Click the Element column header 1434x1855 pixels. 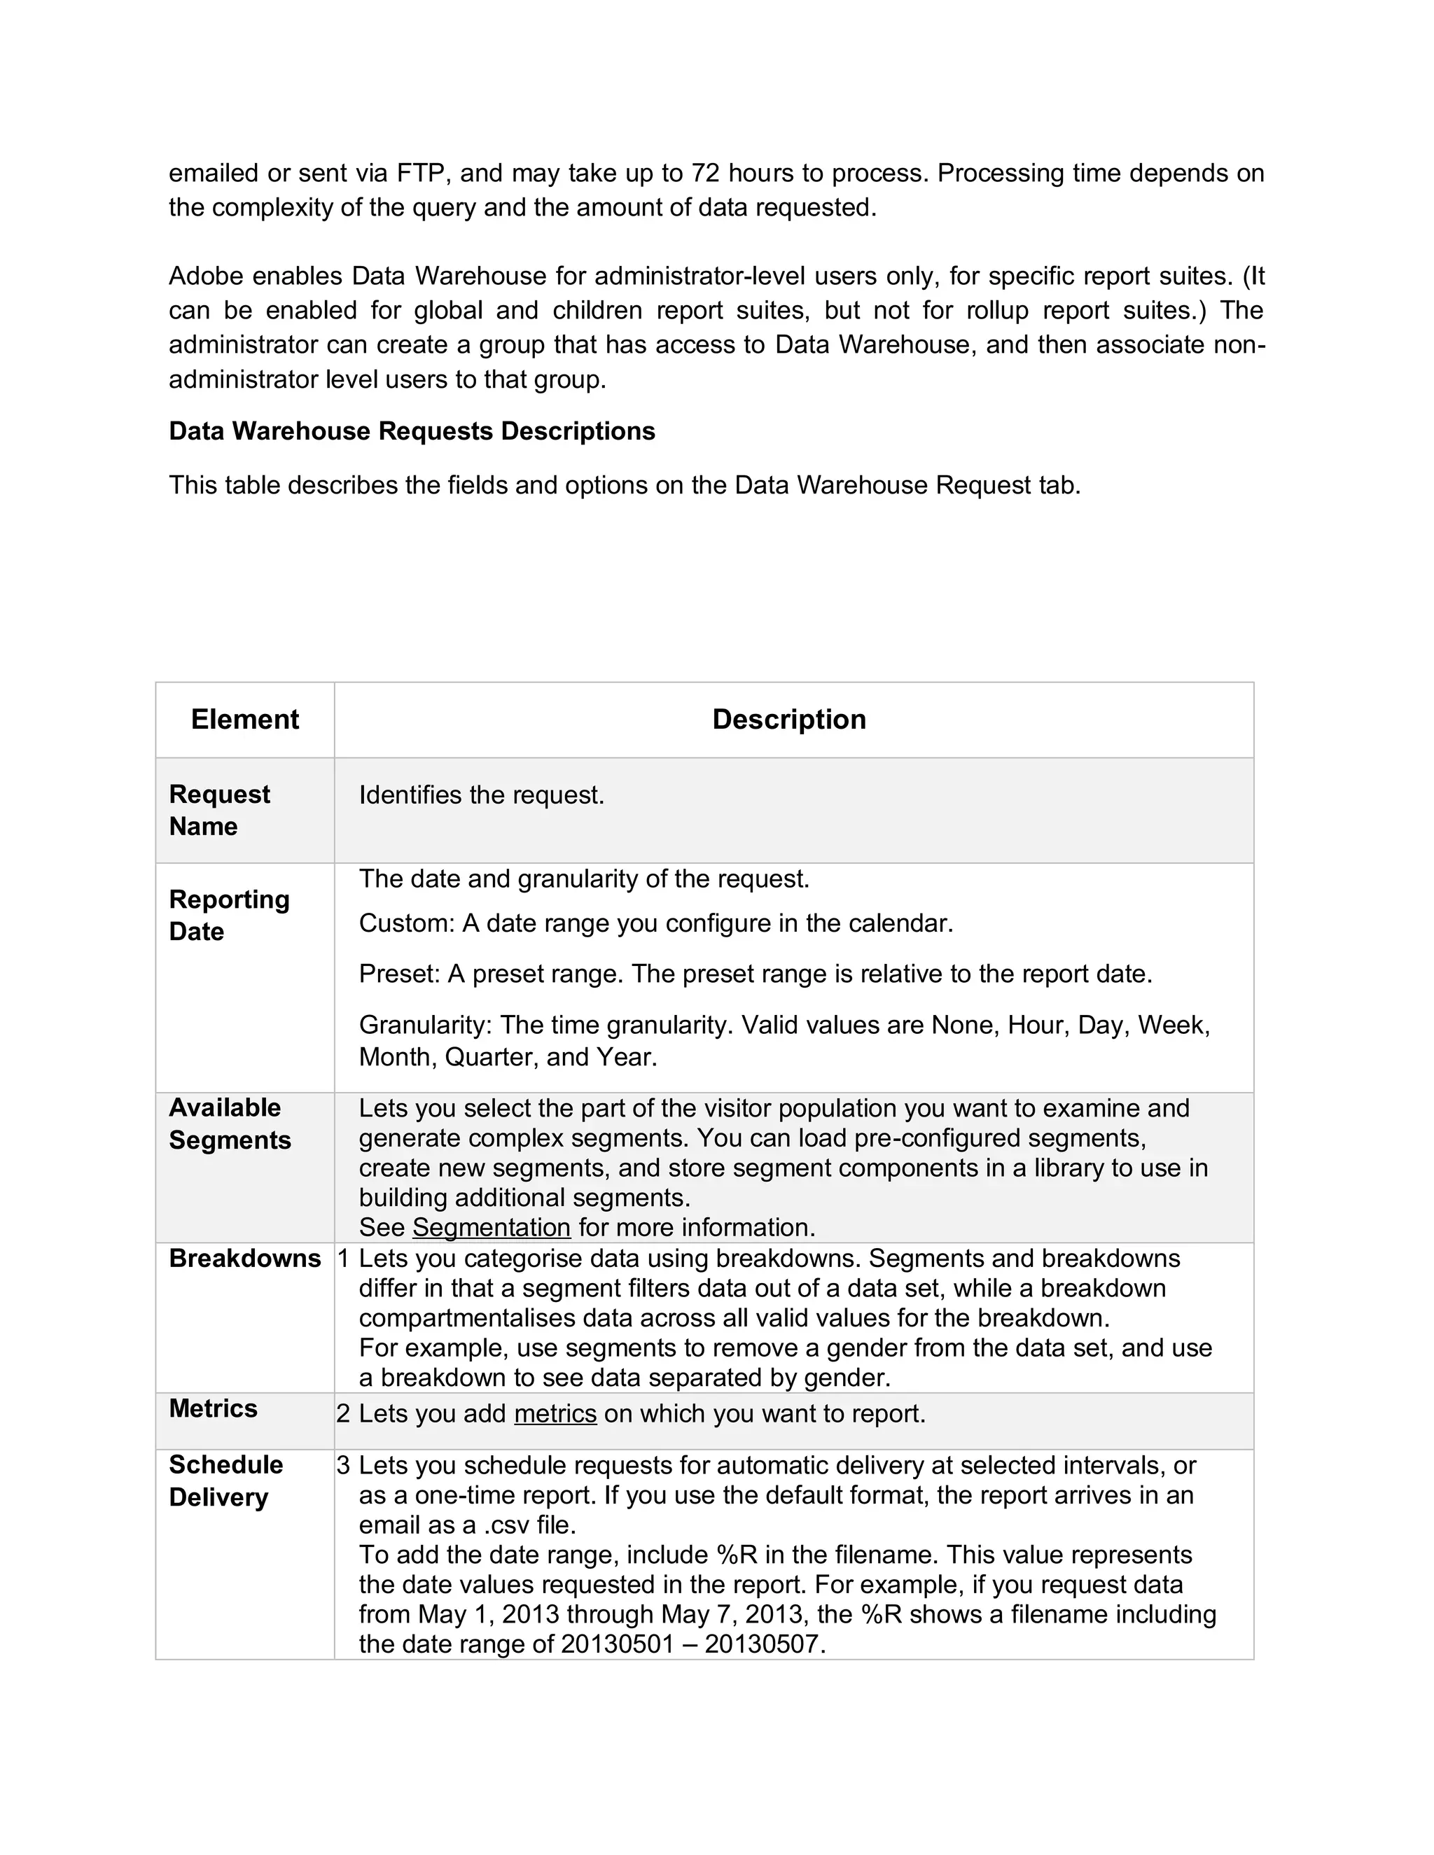[244, 720]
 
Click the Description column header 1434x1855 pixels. [788, 720]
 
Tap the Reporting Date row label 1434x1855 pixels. [228, 915]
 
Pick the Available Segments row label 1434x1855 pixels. [230, 1123]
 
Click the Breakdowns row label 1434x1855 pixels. [244, 1258]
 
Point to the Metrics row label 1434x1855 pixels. [212, 1408]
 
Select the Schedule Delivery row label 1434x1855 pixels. [225, 1480]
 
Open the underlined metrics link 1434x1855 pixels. [555, 1413]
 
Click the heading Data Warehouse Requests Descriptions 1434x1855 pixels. [412, 430]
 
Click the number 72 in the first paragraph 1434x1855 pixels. [705, 174]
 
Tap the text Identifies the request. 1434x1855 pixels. [481, 795]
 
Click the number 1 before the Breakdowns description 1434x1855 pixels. [343, 1259]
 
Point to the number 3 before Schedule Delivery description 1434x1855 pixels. [343, 1465]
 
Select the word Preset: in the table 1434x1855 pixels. [399, 974]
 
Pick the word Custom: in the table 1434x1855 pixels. [406, 923]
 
